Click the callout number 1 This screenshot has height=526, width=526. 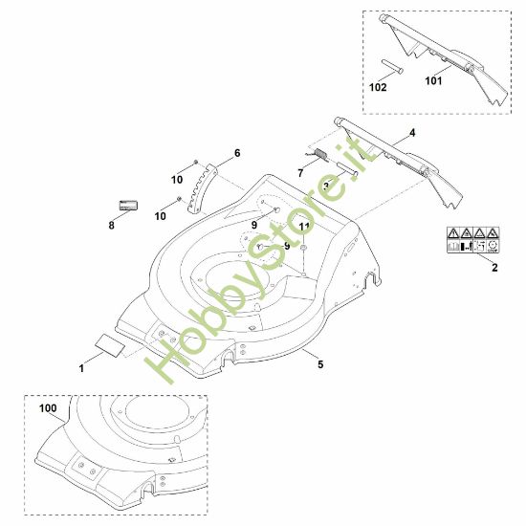point(82,367)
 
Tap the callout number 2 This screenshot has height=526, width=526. point(494,269)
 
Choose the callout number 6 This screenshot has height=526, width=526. point(237,153)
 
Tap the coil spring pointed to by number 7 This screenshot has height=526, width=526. point(319,153)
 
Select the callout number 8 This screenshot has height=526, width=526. point(111,227)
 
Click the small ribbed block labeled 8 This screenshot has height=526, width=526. point(128,205)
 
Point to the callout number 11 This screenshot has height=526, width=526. point(304,227)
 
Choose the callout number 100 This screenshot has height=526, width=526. point(48,408)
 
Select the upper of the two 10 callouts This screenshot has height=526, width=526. point(177,180)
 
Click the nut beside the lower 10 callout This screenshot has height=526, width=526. point(178,199)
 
